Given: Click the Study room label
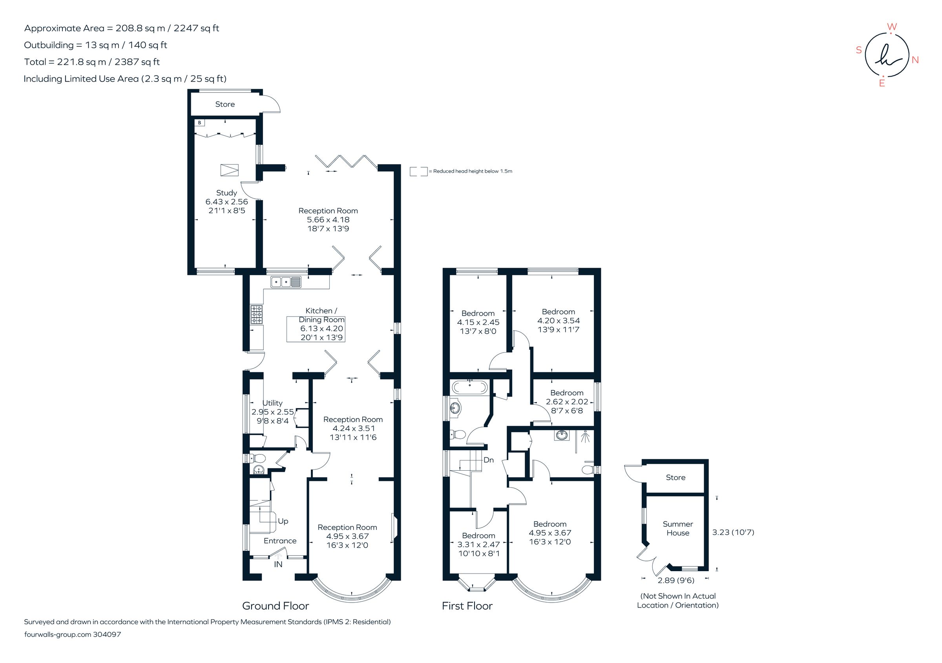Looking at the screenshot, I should [x=226, y=193].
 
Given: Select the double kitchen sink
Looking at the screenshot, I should [x=286, y=282].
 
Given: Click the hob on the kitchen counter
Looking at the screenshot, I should [x=257, y=315].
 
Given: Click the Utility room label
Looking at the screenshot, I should [x=272, y=403].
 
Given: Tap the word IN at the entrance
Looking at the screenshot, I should [x=278, y=564].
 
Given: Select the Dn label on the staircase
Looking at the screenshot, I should [x=488, y=460].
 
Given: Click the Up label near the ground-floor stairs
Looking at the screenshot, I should [x=283, y=521].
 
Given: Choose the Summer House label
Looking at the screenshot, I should [x=678, y=528].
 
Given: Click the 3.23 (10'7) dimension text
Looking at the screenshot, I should [x=733, y=532].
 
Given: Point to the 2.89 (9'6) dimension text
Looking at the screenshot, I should [x=676, y=581].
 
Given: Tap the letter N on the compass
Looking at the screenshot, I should [x=915, y=60].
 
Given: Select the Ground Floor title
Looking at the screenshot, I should [x=275, y=606].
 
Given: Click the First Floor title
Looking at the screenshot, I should [x=467, y=606].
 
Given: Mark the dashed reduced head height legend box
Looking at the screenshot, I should [x=418, y=172].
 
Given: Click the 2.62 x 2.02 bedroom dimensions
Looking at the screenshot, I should [x=567, y=402].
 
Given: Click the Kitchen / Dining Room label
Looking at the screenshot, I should [x=321, y=315].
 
